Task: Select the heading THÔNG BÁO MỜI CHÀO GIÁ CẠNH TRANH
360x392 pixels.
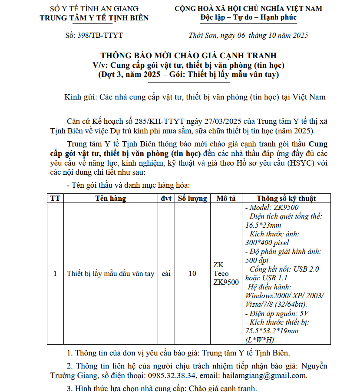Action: coord(188,56)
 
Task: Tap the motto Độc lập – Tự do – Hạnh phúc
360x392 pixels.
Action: coord(248,17)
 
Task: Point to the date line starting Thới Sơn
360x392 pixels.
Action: coord(248,35)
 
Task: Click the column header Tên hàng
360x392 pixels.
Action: coord(111,199)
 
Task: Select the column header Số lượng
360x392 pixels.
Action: coord(192,199)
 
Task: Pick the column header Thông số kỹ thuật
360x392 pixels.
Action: coord(286,199)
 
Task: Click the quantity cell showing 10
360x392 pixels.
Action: coord(192,274)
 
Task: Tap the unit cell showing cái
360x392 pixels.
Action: coord(165,274)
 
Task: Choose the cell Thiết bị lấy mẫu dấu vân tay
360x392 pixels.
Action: coord(111,274)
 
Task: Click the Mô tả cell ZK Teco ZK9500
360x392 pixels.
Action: coord(226,274)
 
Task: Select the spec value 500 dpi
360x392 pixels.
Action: coord(258,260)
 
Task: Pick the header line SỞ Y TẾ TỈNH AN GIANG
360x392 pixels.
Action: coord(94,9)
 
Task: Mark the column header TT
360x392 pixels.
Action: coord(55,199)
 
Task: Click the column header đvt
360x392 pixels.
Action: coord(165,199)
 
